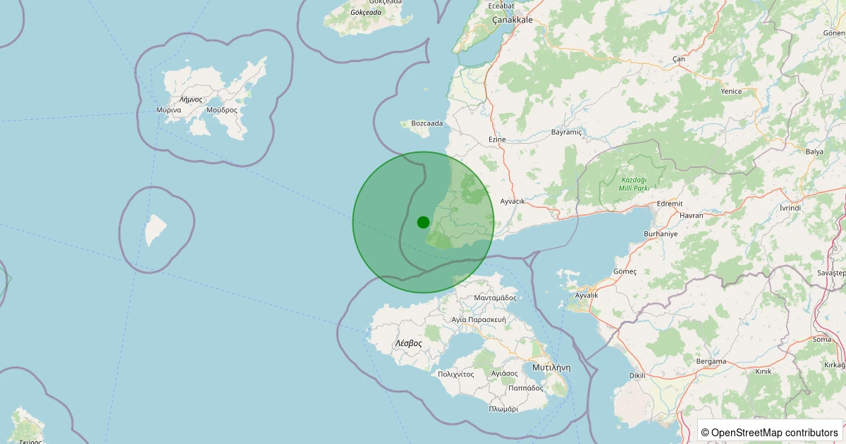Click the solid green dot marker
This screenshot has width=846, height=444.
423,222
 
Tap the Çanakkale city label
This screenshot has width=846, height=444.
512,20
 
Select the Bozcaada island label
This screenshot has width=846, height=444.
427,123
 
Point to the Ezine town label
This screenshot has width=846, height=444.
497,140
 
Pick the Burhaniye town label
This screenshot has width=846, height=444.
661,233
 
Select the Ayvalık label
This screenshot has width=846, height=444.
587,295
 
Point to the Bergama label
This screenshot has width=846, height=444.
711,362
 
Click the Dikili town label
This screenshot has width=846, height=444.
637,376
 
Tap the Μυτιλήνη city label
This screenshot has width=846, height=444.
551,368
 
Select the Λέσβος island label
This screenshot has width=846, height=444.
408,343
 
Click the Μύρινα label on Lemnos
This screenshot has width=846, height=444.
169,110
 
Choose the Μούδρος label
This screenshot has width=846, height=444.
221,110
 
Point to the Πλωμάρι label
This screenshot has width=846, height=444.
503,409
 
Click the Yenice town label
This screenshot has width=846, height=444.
731,91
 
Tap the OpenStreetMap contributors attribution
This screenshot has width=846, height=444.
769,432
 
